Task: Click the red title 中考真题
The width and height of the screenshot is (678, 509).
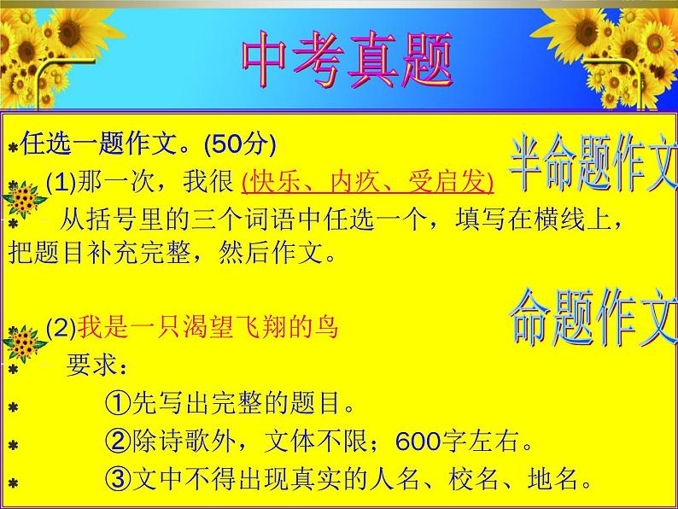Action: point(347,62)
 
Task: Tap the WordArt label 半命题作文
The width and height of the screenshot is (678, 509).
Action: point(592,163)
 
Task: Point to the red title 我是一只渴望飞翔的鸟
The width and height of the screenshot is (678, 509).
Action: point(208,326)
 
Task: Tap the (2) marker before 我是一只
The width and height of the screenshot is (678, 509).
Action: point(61,326)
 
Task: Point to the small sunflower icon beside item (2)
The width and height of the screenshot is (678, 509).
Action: point(25,344)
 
